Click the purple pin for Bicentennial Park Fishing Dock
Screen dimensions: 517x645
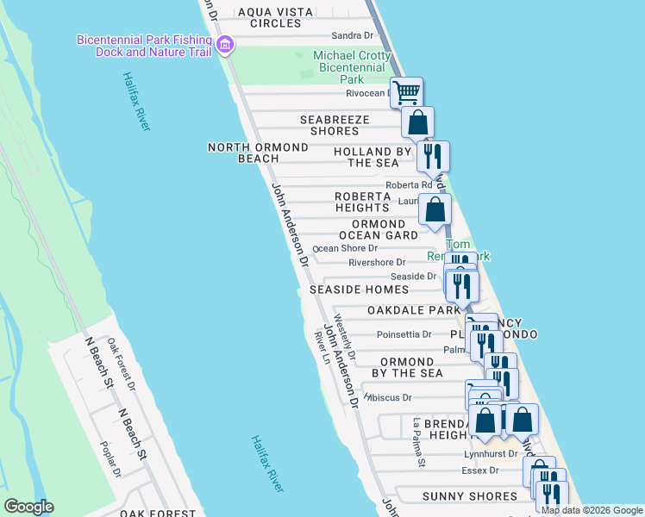[x=226, y=46]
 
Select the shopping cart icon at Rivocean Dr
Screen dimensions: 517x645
[x=407, y=91]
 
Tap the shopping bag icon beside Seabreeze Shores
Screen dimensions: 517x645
[x=417, y=122]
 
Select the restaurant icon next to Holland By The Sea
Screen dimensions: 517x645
[x=433, y=156]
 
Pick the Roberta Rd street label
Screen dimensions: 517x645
[x=409, y=185]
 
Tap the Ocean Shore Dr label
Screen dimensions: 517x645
[x=346, y=248]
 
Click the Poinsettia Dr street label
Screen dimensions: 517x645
[x=404, y=334]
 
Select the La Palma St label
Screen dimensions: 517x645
[x=419, y=443]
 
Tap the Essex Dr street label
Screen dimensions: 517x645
[x=481, y=470]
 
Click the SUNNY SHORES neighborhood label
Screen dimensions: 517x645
[x=470, y=496]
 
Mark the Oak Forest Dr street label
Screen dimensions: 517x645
[x=121, y=358]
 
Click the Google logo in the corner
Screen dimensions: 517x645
[x=29, y=507]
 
